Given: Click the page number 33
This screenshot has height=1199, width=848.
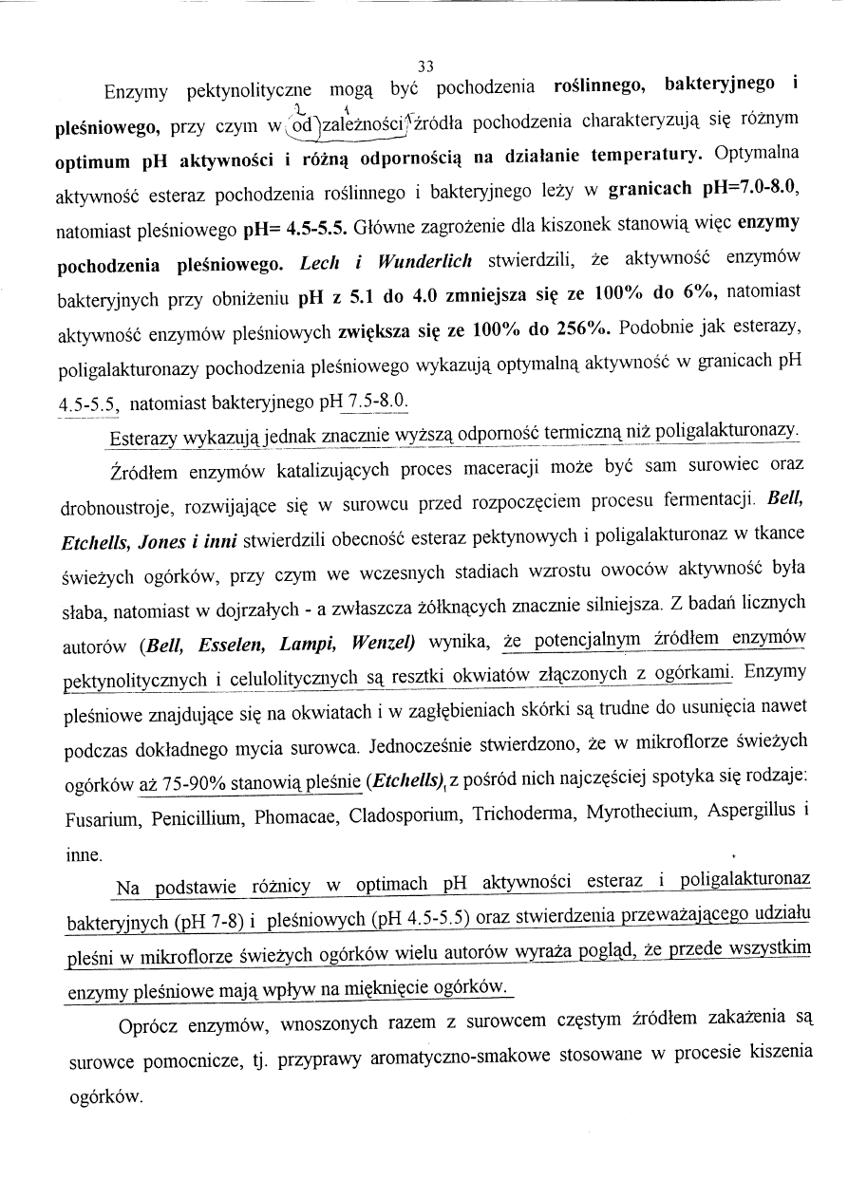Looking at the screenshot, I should pyautogui.click(x=424, y=66).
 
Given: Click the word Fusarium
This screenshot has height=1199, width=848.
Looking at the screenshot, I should pyautogui.click(x=103, y=815).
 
